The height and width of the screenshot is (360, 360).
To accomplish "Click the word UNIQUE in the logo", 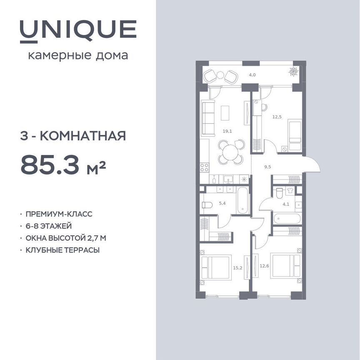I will (78, 29).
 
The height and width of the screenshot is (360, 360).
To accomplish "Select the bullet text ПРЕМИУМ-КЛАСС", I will (59, 214).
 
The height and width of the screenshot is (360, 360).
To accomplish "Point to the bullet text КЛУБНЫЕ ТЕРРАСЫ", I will (62, 250).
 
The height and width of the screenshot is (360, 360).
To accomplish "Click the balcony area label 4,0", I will (252, 75).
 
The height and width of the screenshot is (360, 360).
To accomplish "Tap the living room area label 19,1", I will (227, 131).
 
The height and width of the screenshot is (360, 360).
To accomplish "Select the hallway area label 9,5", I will (268, 167).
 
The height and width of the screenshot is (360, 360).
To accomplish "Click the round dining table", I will (230, 153).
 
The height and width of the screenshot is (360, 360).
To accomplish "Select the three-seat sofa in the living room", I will (207, 119).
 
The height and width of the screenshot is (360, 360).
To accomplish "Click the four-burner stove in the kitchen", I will (204, 167).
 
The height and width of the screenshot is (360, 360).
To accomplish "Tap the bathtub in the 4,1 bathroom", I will (287, 218).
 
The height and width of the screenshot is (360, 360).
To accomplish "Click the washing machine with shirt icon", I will (290, 191).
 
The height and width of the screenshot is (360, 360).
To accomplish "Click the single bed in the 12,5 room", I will (295, 135).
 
